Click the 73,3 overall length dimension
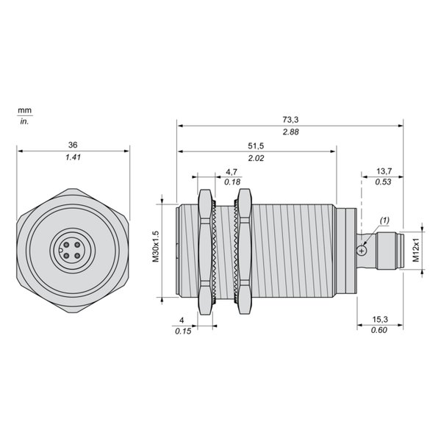click(290, 120)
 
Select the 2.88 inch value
click(290, 132)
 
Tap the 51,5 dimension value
click(256, 146)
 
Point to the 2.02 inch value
click(256, 158)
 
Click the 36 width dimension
click(73, 145)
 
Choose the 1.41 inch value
click(73, 157)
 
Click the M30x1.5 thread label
click(156, 247)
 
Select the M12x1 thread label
click(416, 250)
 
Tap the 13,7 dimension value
click(384, 171)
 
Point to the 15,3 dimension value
click(380, 319)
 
